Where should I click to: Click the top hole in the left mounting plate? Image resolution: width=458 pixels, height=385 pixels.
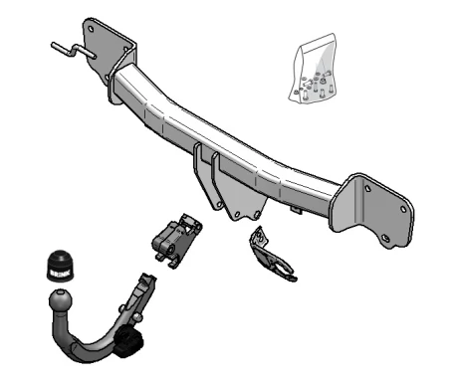tap(94, 30)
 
